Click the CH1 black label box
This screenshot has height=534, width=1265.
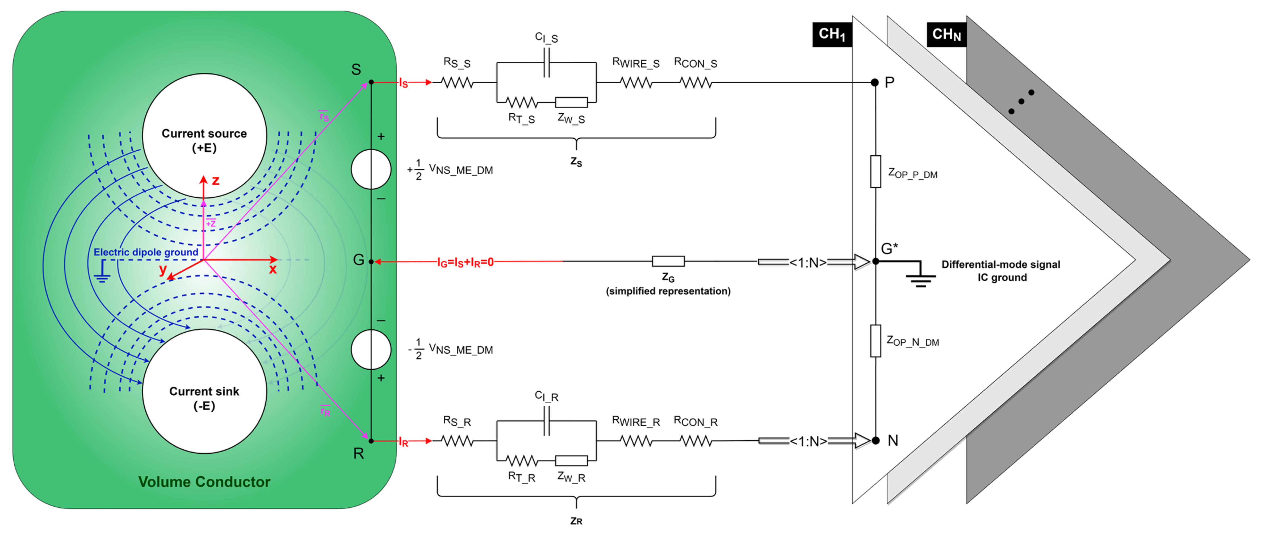tap(832, 34)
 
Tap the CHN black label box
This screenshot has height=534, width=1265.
tap(946, 34)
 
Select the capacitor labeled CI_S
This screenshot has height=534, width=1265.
tap(546, 63)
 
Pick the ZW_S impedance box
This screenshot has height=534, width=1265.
tap(571, 102)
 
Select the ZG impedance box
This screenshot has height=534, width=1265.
tap(668, 261)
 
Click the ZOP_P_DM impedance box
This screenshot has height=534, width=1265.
tap(875, 172)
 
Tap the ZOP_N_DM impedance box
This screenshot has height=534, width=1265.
tap(875, 341)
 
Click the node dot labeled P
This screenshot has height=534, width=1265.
tap(875, 83)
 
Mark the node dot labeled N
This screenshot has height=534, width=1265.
tap(875, 441)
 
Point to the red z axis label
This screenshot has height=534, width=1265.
tap(215, 180)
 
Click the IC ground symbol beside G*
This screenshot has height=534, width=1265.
tap(920, 278)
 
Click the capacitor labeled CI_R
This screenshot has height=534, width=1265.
tap(546, 422)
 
